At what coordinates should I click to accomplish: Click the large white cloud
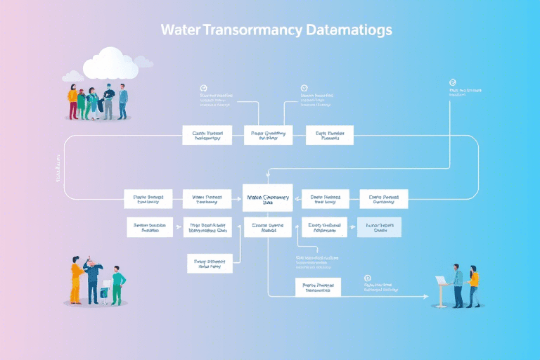(110, 63)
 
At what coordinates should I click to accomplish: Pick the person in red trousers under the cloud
(72, 102)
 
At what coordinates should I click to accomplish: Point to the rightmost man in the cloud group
(123, 101)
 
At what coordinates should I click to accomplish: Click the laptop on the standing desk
(442, 280)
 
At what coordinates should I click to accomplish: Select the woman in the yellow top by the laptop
(473, 285)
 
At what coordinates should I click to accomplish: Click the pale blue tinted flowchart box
(380, 226)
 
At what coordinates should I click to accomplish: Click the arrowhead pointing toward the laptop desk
(426, 297)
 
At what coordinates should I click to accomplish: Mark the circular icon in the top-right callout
(453, 82)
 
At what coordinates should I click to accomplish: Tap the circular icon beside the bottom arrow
(366, 278)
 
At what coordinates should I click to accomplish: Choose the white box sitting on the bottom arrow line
(317, 287)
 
